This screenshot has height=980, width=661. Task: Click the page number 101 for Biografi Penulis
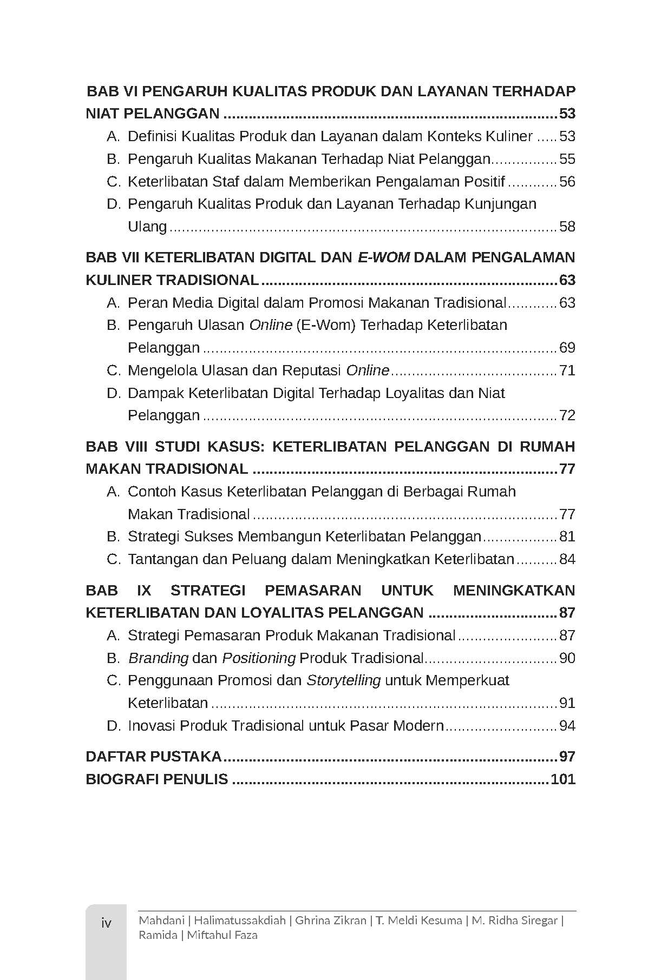(562, 779)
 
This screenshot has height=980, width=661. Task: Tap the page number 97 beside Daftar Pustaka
(567, 757)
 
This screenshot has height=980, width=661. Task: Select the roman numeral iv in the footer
(106, 923)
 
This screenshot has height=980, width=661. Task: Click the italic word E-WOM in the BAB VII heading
(384, 257)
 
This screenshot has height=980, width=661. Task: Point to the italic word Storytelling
(343, 680)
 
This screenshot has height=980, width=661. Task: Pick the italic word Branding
(158, 658)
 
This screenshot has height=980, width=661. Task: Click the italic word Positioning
(259, 658)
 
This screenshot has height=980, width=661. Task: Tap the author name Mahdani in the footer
(161, 921)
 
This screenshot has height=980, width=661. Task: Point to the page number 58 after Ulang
(567, 227)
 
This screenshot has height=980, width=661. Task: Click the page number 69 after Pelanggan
(567, 348)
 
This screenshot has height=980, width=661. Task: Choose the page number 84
(567, 559)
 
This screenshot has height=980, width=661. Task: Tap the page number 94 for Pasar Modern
(567, 726)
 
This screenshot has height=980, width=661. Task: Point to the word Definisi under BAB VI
(152, 136)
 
